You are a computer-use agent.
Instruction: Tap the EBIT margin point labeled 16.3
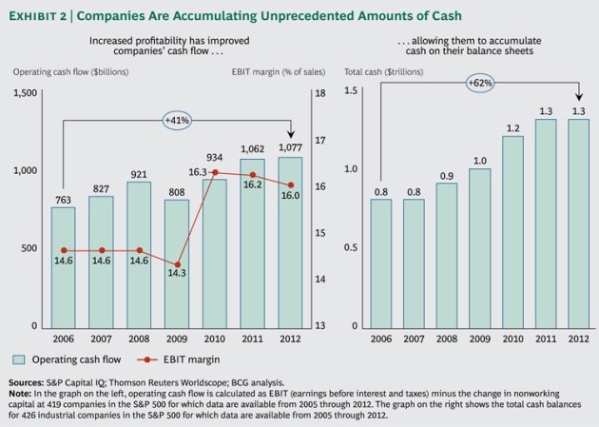(x=215, y=172)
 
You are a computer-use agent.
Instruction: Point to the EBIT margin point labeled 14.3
(x=177, y=264)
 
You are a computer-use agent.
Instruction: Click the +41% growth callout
(x=178, y=121)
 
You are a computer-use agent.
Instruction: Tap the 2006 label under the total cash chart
(x=380, y=338)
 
